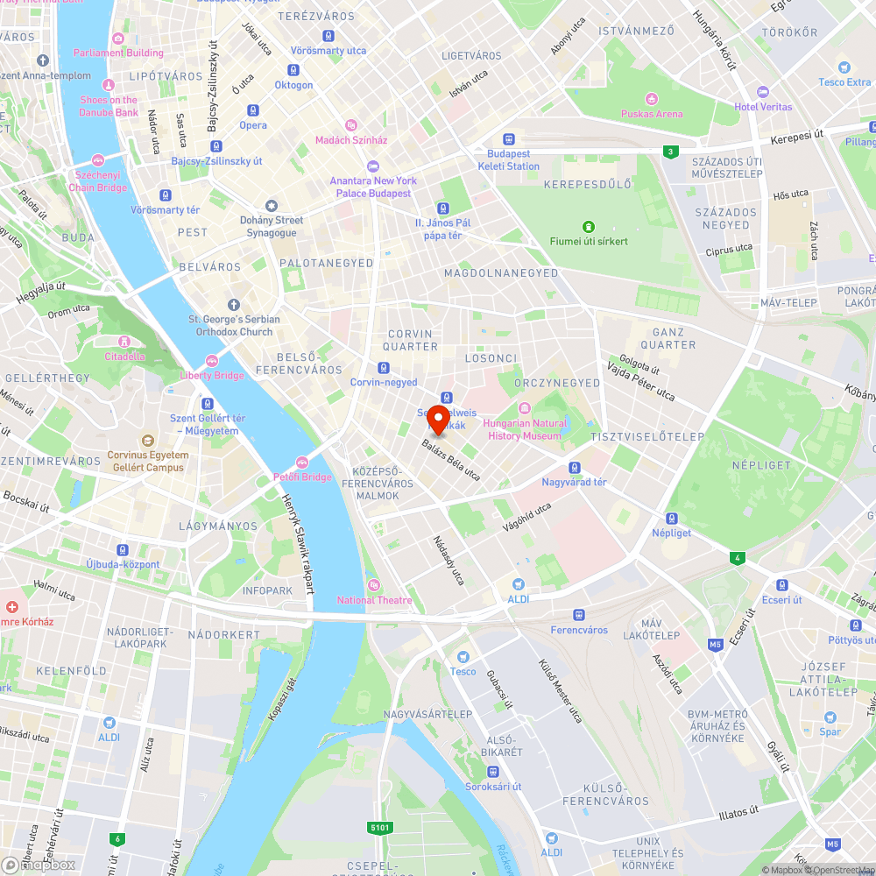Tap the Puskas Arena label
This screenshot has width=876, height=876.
click(652, 114)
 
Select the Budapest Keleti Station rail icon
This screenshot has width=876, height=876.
click(508, 139)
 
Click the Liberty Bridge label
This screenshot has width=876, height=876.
click(212, 376)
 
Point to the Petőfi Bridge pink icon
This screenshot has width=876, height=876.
click(300, 463)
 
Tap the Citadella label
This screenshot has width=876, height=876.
click(124, 357)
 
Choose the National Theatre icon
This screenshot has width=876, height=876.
click(374, 585)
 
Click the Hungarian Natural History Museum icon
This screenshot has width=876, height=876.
click(525, 408)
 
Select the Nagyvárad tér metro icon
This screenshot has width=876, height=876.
click(575, 468)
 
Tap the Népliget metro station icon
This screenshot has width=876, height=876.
click(672, 519)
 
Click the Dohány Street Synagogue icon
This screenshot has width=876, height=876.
click(272, 205)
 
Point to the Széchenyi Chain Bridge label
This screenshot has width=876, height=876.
click(97, 180)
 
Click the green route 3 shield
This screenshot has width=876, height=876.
click(670, 152)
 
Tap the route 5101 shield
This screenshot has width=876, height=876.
click(379, 827)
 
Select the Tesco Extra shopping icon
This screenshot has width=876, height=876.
click(844, 67)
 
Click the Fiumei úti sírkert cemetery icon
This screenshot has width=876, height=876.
click(588, 227)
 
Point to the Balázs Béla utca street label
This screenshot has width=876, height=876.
click(451, 460)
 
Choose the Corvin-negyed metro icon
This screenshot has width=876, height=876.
click(384, 368)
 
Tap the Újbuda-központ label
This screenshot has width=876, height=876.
click(123, 564)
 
